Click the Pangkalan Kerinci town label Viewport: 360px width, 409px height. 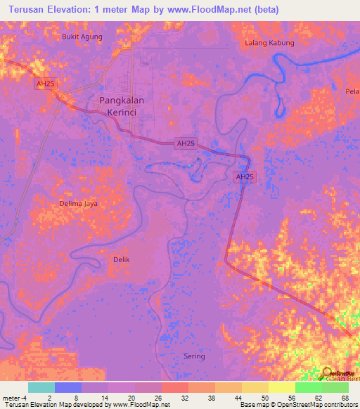point(122,106)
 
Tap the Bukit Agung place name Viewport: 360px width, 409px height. point(82,37)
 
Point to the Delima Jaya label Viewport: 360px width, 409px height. point(78,204)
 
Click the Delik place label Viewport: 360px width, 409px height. point(122,259)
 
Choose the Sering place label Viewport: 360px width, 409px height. point(194,356)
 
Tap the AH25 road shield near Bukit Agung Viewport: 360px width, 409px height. point(46,84)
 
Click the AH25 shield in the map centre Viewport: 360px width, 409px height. point(186,143)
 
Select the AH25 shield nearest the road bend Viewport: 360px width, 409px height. point(243,177)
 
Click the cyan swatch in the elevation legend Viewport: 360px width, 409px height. point(41,387)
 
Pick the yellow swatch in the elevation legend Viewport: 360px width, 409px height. point(282,387)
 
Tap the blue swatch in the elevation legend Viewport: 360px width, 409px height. point(68,387)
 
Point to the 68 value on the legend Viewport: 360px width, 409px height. point(344,398)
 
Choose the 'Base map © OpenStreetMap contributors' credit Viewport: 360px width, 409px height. point(296,405)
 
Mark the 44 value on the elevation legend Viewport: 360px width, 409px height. point(237,398)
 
